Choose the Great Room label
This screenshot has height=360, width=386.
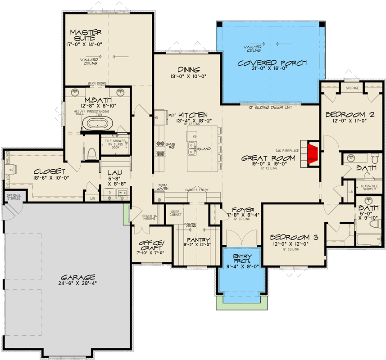268,158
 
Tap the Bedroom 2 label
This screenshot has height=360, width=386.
349,115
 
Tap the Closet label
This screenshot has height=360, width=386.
50,171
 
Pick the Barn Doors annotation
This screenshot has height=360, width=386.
97,83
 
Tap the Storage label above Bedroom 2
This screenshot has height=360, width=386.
352,88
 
